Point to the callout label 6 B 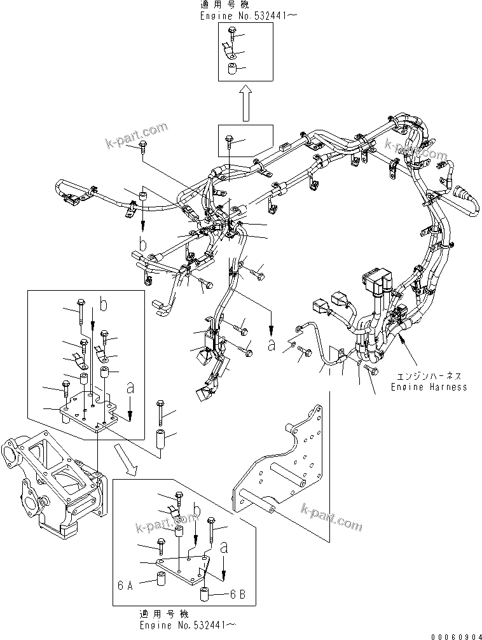(x=238, y=595)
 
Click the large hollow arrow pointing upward (x=246, y=104)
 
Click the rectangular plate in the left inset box (x=95, y=413)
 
